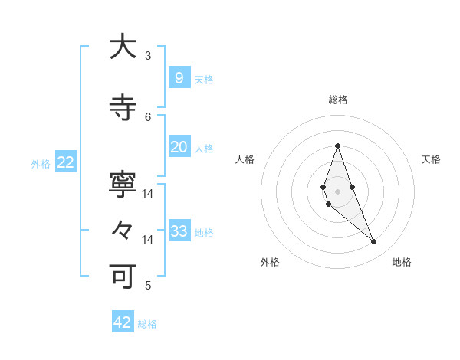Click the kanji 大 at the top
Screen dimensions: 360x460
(123, 47)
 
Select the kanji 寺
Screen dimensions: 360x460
(123, 109)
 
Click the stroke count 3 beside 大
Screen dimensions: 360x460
(148, 56)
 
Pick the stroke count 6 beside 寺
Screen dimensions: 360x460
(148, 117)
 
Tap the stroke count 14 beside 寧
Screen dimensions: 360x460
(148, 194)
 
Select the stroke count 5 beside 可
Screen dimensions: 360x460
(148, 286)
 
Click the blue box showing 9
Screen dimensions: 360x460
(179, 77)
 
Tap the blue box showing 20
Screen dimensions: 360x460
(179, 147)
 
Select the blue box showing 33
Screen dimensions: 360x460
(179, 231)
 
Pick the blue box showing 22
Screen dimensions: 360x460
(65, 162)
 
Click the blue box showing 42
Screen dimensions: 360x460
(123, 322)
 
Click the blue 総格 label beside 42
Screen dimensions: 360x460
(147, 324)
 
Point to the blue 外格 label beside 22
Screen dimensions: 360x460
(41, 163)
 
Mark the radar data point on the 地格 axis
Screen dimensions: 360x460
(373, 242)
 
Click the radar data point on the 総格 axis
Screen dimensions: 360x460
(337, 146)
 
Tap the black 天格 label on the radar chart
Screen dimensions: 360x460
(431, 159)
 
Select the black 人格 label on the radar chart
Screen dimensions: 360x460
(245, 159)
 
